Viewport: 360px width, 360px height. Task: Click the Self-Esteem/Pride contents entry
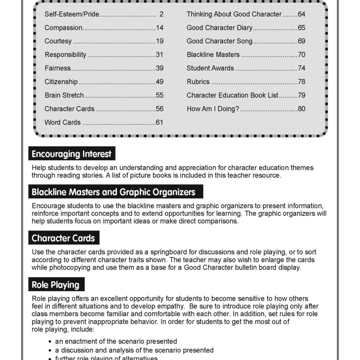coord(72,14)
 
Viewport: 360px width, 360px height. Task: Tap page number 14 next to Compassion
coord(159,28)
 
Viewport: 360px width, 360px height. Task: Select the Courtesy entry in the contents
coord(58,41)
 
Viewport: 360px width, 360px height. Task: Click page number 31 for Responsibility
coord(159,55)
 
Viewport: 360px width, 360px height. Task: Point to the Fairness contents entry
coord(58,68)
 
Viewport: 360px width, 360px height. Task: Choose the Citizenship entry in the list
coord(61,82)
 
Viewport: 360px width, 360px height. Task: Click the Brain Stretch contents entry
coord(64,95)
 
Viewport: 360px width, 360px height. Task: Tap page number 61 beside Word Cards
coord(159,122)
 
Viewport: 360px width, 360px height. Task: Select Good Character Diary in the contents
coord(219,28)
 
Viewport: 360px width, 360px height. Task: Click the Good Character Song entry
coord(219,41)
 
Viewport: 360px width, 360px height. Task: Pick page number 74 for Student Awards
coord(301,68)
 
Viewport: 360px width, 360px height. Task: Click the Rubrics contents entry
coord(198,82)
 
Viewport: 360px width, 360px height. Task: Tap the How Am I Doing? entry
coord(213,109)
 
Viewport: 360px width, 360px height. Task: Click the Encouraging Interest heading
coord(72,154)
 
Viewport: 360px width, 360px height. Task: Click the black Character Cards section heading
coord(63,238)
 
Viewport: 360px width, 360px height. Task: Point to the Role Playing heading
coord(56,285)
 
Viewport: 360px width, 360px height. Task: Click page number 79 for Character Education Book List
coord(301,95)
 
